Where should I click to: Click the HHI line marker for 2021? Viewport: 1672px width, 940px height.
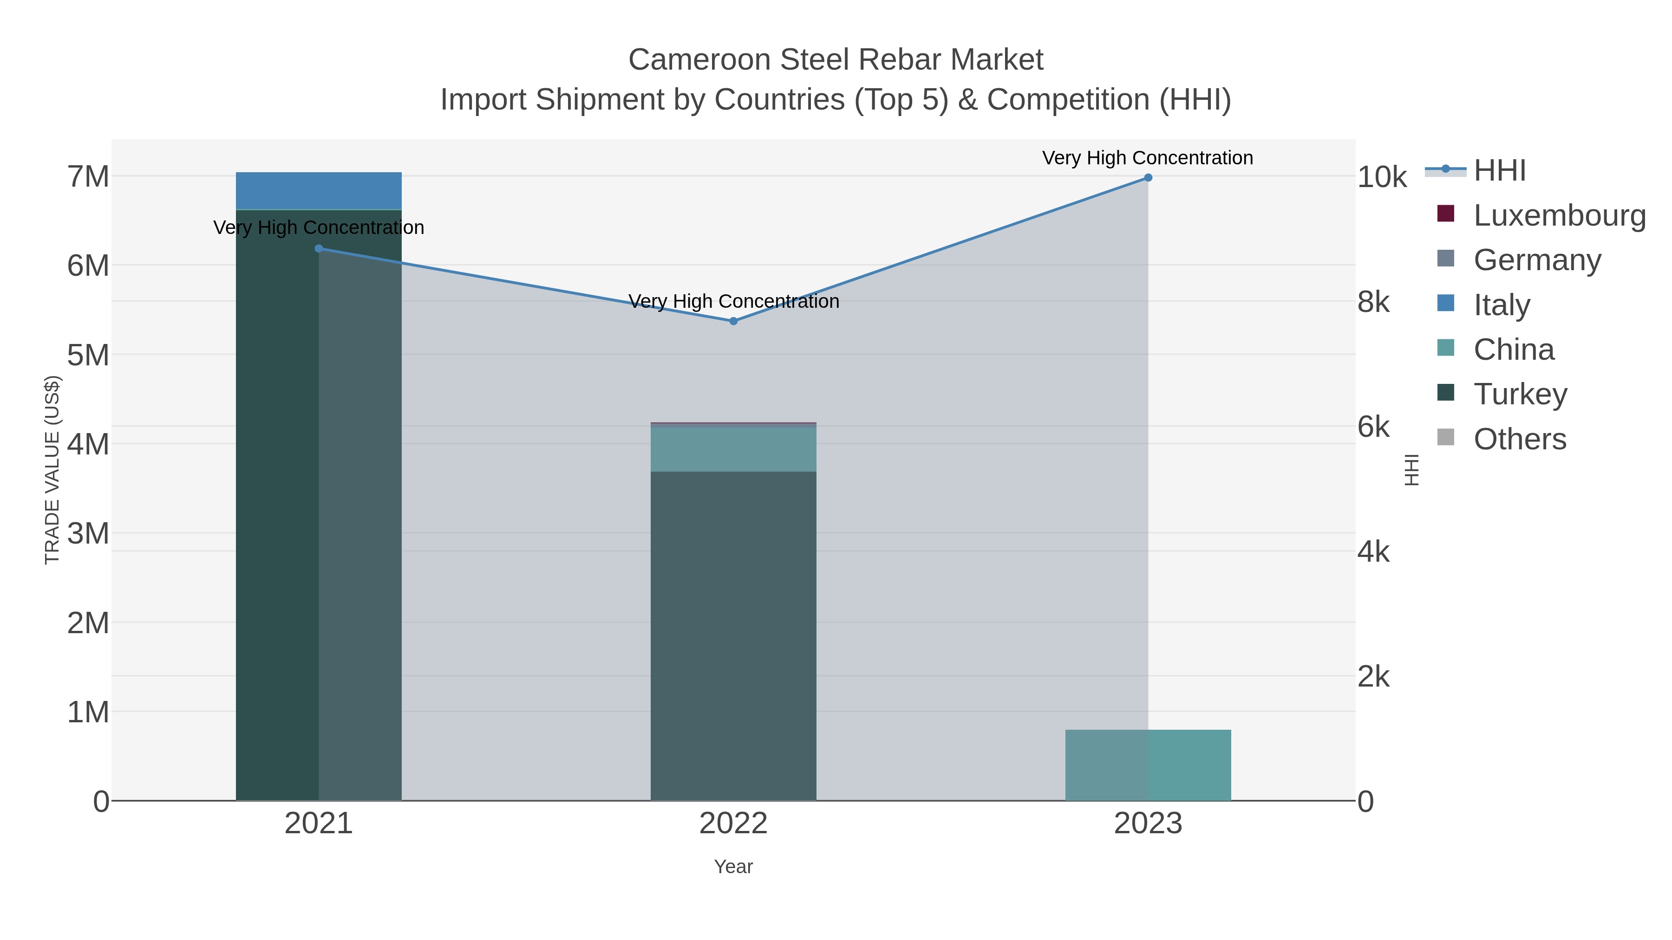319,248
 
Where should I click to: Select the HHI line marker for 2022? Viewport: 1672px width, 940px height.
733,321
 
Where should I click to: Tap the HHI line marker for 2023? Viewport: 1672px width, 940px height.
1148,178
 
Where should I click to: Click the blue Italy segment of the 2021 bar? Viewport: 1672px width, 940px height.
319,191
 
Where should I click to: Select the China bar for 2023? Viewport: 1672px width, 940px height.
1148,765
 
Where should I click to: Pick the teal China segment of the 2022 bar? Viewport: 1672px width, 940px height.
733,449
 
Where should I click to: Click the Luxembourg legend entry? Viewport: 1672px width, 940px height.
1559,215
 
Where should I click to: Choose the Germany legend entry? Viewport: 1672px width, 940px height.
1537,260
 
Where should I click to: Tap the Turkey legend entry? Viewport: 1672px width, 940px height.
1520,395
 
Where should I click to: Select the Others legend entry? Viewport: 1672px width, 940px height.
1520,439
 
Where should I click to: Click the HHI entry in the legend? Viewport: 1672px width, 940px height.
1499,171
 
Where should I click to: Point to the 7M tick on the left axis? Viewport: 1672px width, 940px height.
88,176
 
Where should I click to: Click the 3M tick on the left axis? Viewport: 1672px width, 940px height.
88,533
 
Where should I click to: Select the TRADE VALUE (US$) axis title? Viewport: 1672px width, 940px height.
52,470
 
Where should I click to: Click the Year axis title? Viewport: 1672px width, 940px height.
733,867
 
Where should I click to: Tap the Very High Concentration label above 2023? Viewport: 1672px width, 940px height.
1148,158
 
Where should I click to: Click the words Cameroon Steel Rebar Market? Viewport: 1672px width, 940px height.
836,60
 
